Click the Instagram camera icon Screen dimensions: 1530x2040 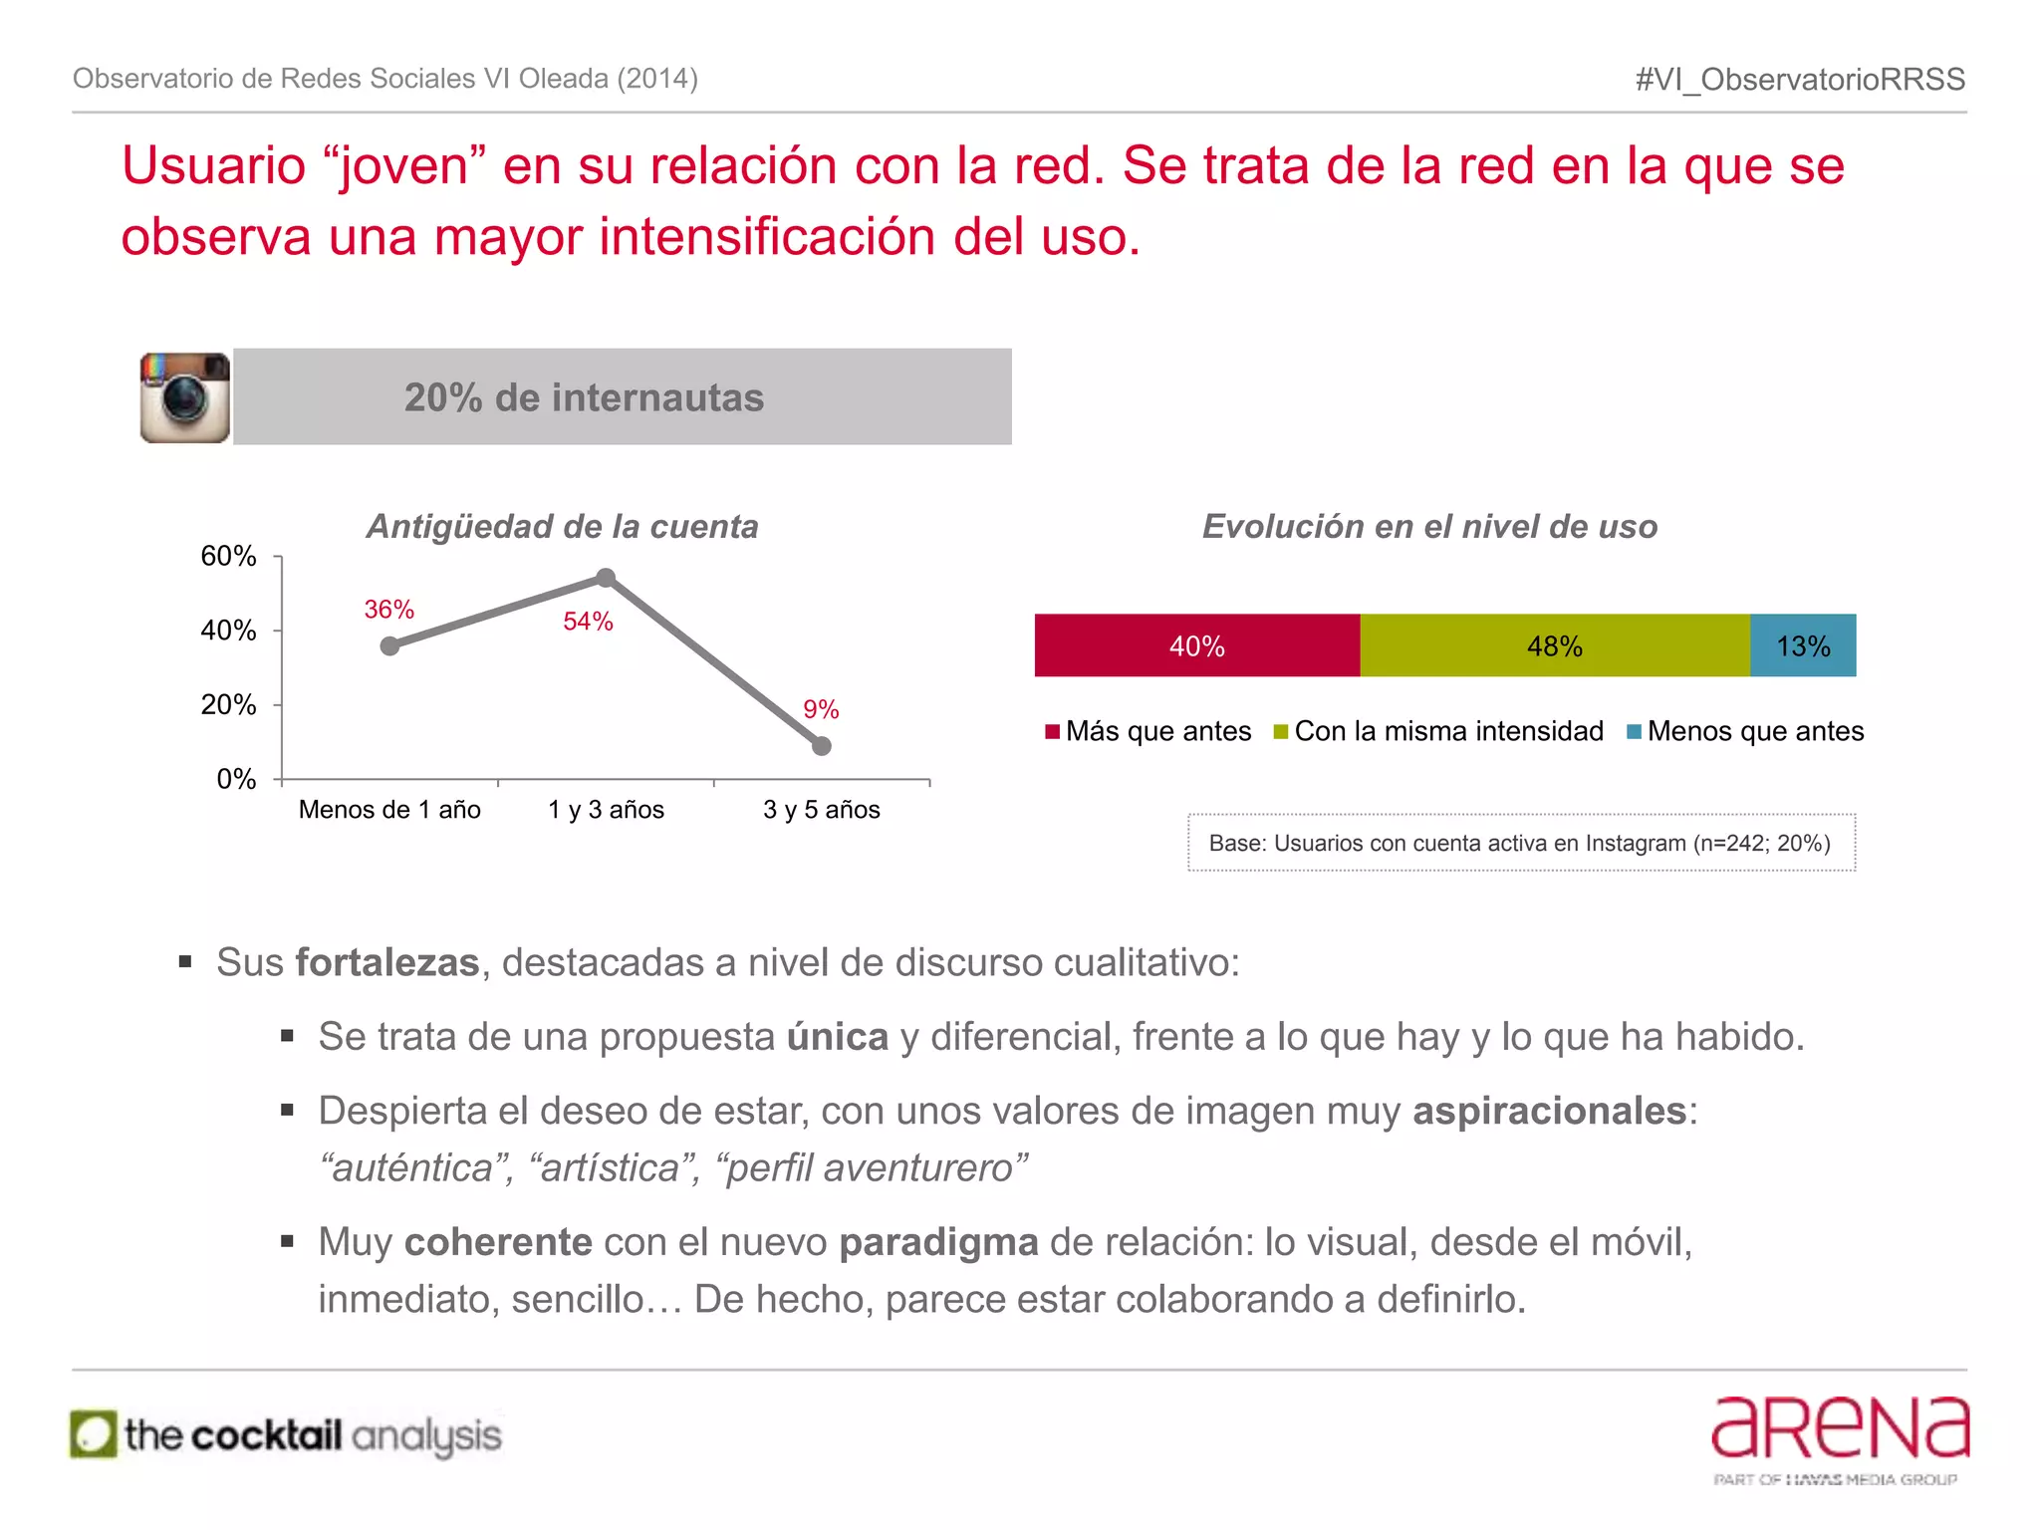185,397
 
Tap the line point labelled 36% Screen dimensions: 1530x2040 389,646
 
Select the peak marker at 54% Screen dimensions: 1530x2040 606,578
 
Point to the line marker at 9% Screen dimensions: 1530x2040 821,746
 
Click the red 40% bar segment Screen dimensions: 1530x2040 1196,645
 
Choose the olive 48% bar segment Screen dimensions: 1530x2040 1554,645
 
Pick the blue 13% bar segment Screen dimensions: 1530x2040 1803,645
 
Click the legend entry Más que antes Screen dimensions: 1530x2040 1148,731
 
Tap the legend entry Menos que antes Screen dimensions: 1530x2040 1745,731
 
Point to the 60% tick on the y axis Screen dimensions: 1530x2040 229,556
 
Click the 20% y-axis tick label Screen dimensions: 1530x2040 229,705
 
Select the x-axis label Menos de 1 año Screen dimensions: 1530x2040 389,810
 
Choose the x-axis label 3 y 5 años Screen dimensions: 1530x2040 821,810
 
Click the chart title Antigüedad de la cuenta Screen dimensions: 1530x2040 563,526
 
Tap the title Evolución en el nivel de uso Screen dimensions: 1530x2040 1429,526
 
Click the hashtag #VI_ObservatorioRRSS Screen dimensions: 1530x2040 1800,80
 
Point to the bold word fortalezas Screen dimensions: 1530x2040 387,963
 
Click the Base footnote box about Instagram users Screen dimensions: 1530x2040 1521,843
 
